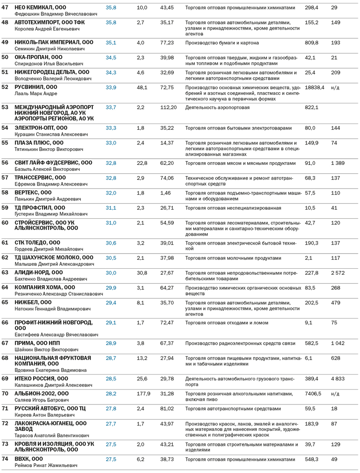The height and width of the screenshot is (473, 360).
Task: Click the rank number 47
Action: click(5, 8)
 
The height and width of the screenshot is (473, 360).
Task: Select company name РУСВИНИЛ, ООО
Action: click(36, 87)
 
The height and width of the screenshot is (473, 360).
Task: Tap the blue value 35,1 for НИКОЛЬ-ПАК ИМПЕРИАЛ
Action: click(111, 43)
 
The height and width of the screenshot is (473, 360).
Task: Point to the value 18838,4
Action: click(314, 88)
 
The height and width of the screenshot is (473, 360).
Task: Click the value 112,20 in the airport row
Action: click(168, 108)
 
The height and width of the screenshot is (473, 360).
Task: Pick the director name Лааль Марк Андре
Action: click(36, 94)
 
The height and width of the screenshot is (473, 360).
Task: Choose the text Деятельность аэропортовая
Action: click(217, 108)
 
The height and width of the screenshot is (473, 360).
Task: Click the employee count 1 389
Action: click(338, 163)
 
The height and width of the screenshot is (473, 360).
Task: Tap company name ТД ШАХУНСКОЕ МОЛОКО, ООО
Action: click(54, 258)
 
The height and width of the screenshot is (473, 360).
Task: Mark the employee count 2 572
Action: click(338, 273)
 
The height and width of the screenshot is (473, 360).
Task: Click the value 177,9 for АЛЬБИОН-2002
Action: click(143, 394)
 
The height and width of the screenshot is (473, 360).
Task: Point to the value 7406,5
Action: click(313, 394)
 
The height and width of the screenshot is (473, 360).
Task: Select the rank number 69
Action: click(5, 379)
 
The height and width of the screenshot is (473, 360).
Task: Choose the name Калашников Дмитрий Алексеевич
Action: click(53, 385)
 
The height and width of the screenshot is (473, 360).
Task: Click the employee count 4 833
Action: click(338, 379)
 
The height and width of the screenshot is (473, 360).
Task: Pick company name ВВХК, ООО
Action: click(29, 459)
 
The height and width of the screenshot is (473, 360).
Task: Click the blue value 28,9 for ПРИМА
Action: click(111, 344)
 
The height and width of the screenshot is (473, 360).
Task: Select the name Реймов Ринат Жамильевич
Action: click(46, 465)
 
